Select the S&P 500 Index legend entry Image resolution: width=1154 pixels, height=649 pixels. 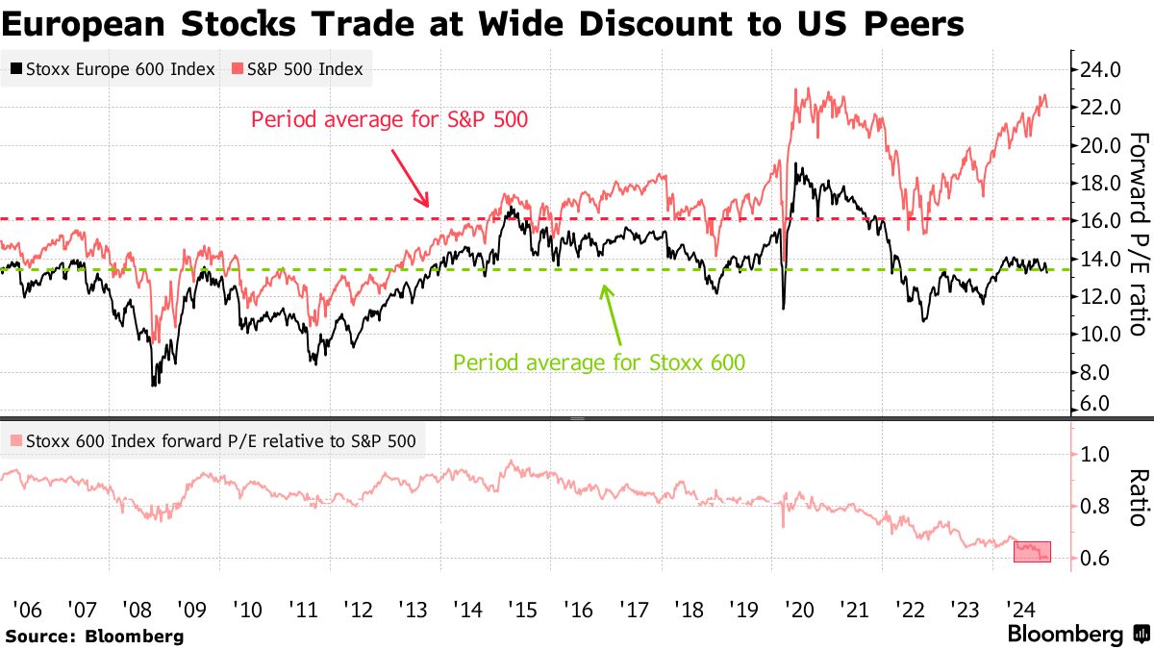point(297,69)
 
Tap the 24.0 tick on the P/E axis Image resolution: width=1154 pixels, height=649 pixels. point(1100,70)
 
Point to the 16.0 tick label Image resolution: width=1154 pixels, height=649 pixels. point(1100,220)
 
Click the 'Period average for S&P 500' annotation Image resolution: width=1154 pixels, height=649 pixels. point(389,120)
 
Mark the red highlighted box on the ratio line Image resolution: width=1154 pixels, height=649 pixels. point(1032,551)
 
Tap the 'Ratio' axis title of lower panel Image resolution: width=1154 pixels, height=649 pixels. point(1138,498)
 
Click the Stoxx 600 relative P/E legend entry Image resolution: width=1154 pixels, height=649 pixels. point(212,442)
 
